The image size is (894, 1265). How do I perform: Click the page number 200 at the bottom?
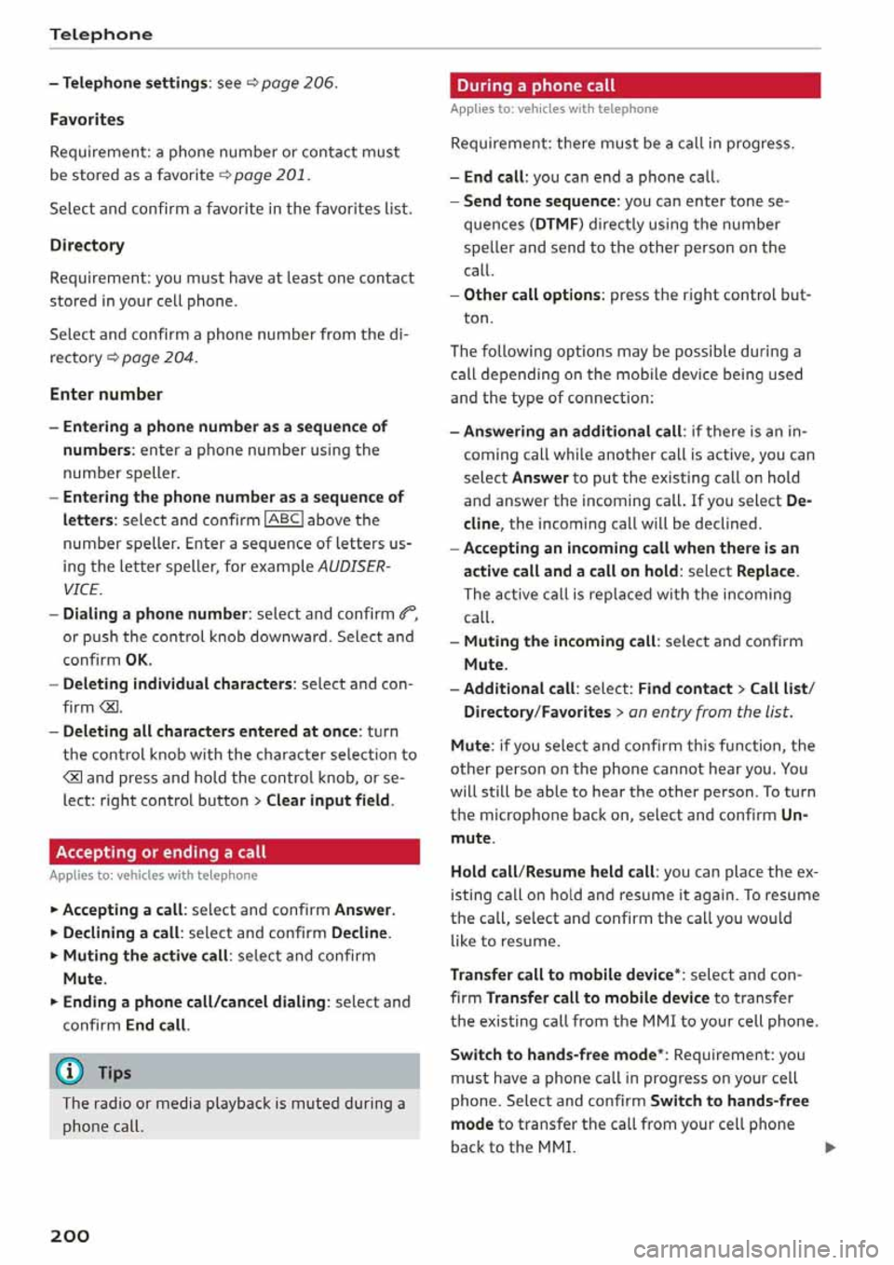(x=70, y=1236)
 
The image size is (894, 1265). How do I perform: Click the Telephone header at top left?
(x=101, y=34)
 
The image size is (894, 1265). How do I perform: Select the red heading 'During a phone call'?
(x=535, y=86)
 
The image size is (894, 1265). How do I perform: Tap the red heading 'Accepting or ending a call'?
(x=161, y=852)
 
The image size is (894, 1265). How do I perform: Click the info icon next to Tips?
(x=70, y=1072)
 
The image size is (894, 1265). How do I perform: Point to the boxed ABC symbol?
(x=284, y=520)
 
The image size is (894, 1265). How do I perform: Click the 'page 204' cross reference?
(x=158, y=358)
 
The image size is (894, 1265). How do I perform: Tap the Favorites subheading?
(x=87, y=119)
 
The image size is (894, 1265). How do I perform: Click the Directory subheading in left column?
(x=87, y=245)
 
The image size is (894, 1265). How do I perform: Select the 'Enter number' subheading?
(x=106, y=394)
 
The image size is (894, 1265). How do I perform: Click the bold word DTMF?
(x=557, y=224)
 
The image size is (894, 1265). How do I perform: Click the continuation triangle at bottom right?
(x=830, y=1148)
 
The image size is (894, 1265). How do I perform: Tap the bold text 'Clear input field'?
(x=329, y=800)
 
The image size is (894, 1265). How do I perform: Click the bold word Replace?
(x=765, y=571)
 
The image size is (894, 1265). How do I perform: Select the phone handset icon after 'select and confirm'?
(x=407, y=613)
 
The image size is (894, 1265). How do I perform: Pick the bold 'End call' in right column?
(x=494, y=177)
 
